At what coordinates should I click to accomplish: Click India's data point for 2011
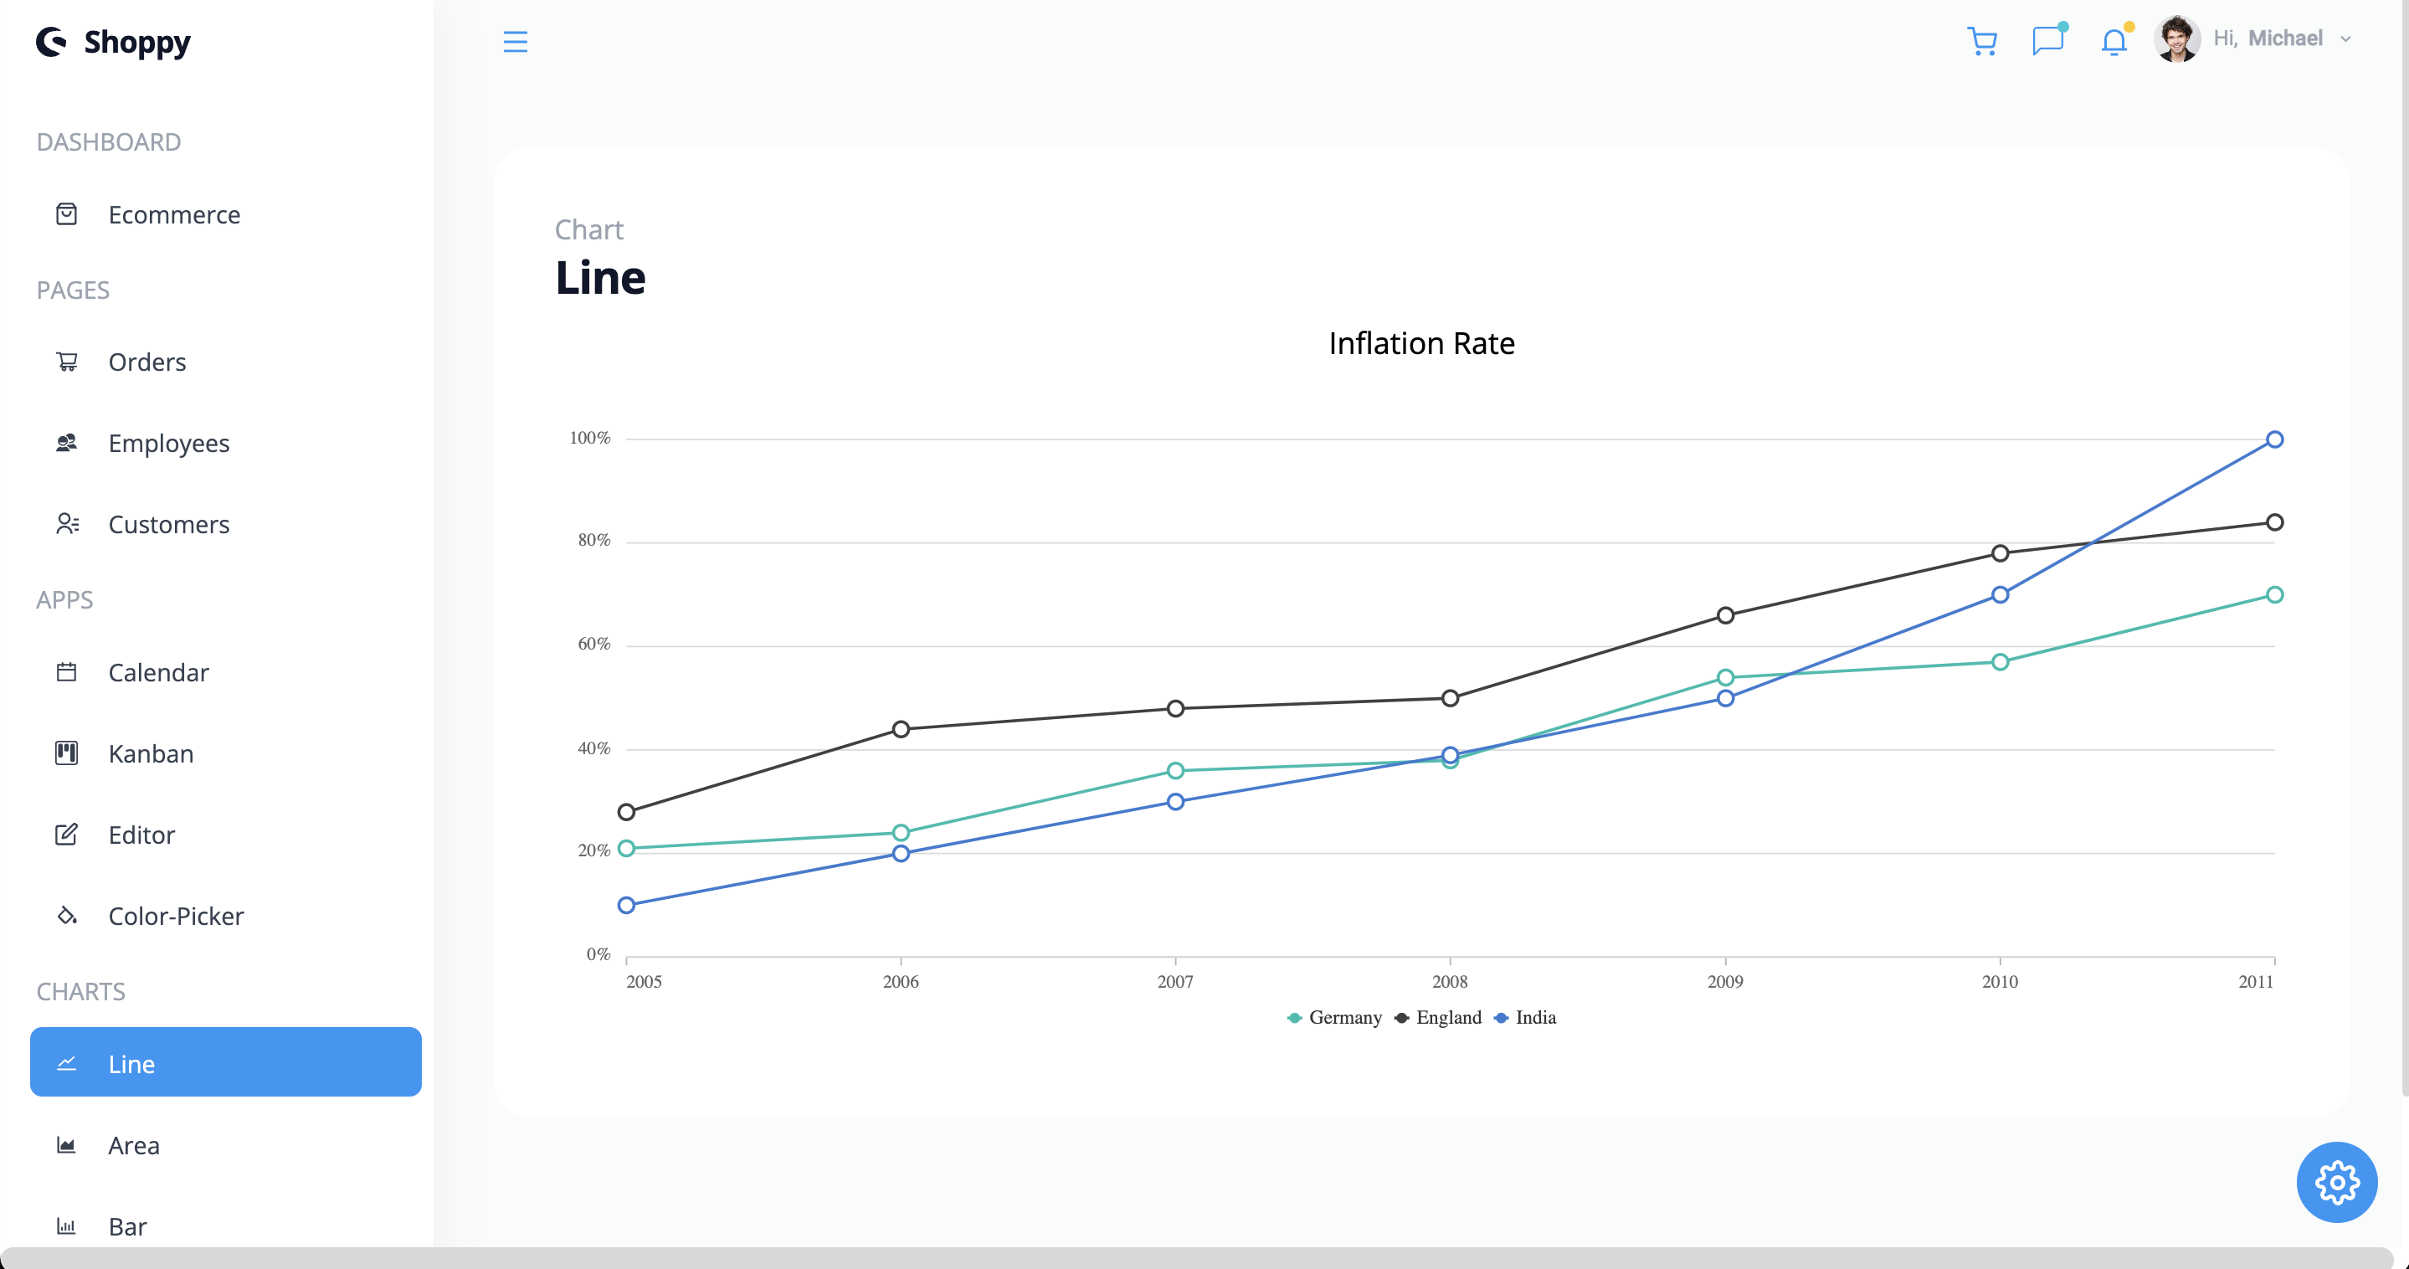pos(2273,439)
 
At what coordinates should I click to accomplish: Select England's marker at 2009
pos(1724,615)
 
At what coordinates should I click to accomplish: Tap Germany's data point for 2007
pos(1174,771)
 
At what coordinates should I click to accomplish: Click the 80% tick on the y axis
pos(593,541)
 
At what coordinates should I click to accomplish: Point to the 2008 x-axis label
pos(1449,982)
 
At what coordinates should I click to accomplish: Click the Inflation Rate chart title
pos(1420,343)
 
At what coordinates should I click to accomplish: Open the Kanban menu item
pos(151,753)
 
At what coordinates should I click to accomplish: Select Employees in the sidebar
pos(168,444)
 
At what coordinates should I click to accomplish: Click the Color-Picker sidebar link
pos(176,917)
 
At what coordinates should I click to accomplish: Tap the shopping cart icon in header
pos(1980,41)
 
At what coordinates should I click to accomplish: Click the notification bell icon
pos(2113,41)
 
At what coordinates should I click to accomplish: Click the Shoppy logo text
pos(136,41)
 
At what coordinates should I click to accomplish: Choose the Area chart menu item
pos(133,1146)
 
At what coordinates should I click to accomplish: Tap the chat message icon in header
pos(2047,41)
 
